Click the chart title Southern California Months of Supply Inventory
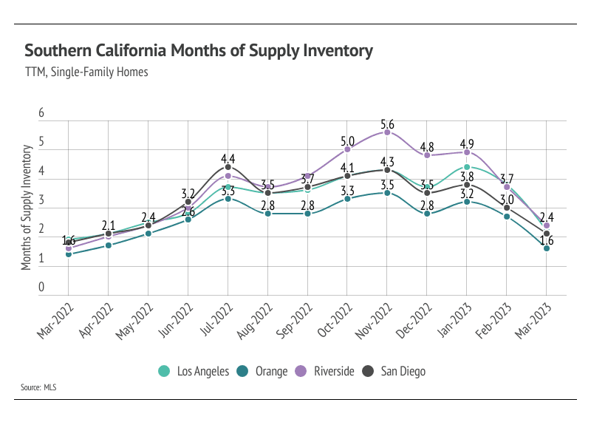199,51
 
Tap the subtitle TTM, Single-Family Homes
86,72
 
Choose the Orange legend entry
264,371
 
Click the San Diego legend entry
394,371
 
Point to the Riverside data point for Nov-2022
386,132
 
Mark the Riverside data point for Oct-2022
347,149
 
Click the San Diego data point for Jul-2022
228,167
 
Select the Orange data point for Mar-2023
546,248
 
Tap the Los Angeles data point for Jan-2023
466,167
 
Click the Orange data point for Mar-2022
69,254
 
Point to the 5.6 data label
386,124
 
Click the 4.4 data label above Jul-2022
228,158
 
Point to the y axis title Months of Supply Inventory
27,208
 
